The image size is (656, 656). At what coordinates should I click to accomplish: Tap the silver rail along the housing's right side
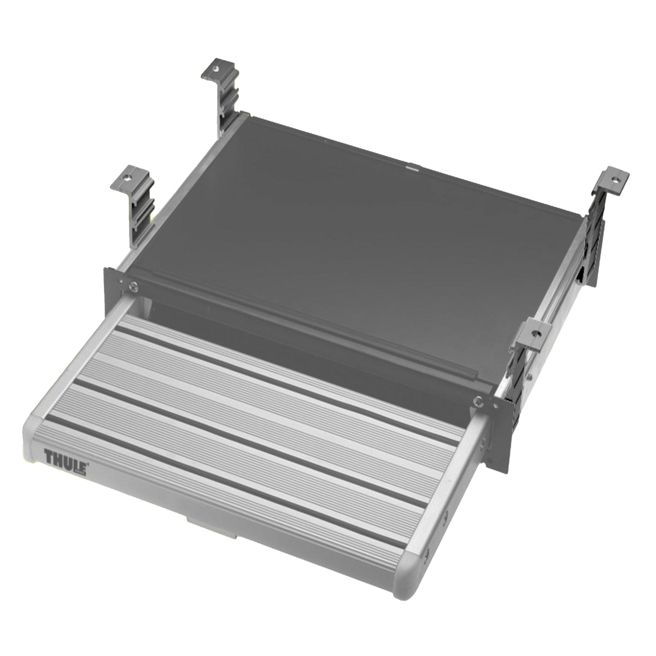[552, 328]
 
